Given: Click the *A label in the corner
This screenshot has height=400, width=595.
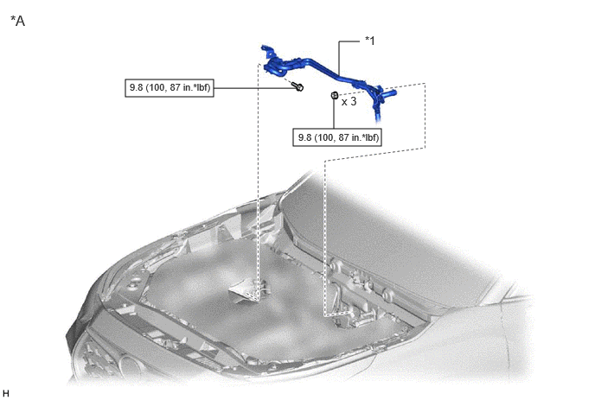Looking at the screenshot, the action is pos(18,21).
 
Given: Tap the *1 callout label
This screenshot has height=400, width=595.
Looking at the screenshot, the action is pos(369,41).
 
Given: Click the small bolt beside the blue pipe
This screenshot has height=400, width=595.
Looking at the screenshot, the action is pos(298,87).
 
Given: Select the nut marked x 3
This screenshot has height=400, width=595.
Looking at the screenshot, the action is pos(335,96).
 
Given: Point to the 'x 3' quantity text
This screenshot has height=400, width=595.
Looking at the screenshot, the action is pos(349,102).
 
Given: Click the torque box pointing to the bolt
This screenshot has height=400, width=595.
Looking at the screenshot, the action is pos(170,88).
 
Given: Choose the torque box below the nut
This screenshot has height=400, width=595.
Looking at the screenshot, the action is pos(337,137).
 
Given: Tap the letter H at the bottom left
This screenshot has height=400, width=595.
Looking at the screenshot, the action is pos(5,393).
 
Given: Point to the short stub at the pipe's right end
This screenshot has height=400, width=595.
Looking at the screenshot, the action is pos(391,92).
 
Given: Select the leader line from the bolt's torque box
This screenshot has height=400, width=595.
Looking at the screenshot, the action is pos(254,88).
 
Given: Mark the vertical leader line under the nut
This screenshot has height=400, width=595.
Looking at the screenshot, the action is pos(334,114).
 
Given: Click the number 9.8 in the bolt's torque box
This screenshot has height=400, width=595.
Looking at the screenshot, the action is pos(137,87).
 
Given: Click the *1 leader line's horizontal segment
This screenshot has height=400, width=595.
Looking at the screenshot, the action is pos(349,41).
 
